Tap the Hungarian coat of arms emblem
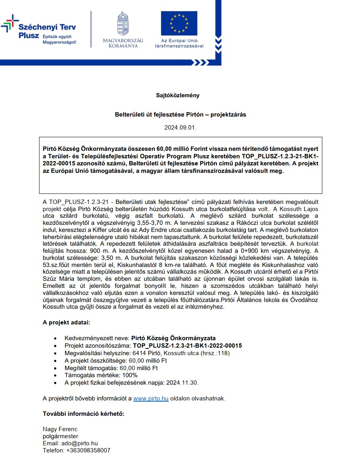click(123, 24)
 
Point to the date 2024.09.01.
click(180, 128)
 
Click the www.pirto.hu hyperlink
click(151, 398)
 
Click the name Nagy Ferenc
click(60, 429)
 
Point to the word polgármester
click(61, 436)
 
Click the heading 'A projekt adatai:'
click(66, 323)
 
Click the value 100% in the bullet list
click(130, 375)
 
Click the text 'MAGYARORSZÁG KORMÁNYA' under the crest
click(123, 43)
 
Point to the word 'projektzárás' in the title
click(228, 115)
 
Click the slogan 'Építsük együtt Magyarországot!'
click(60, 39)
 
